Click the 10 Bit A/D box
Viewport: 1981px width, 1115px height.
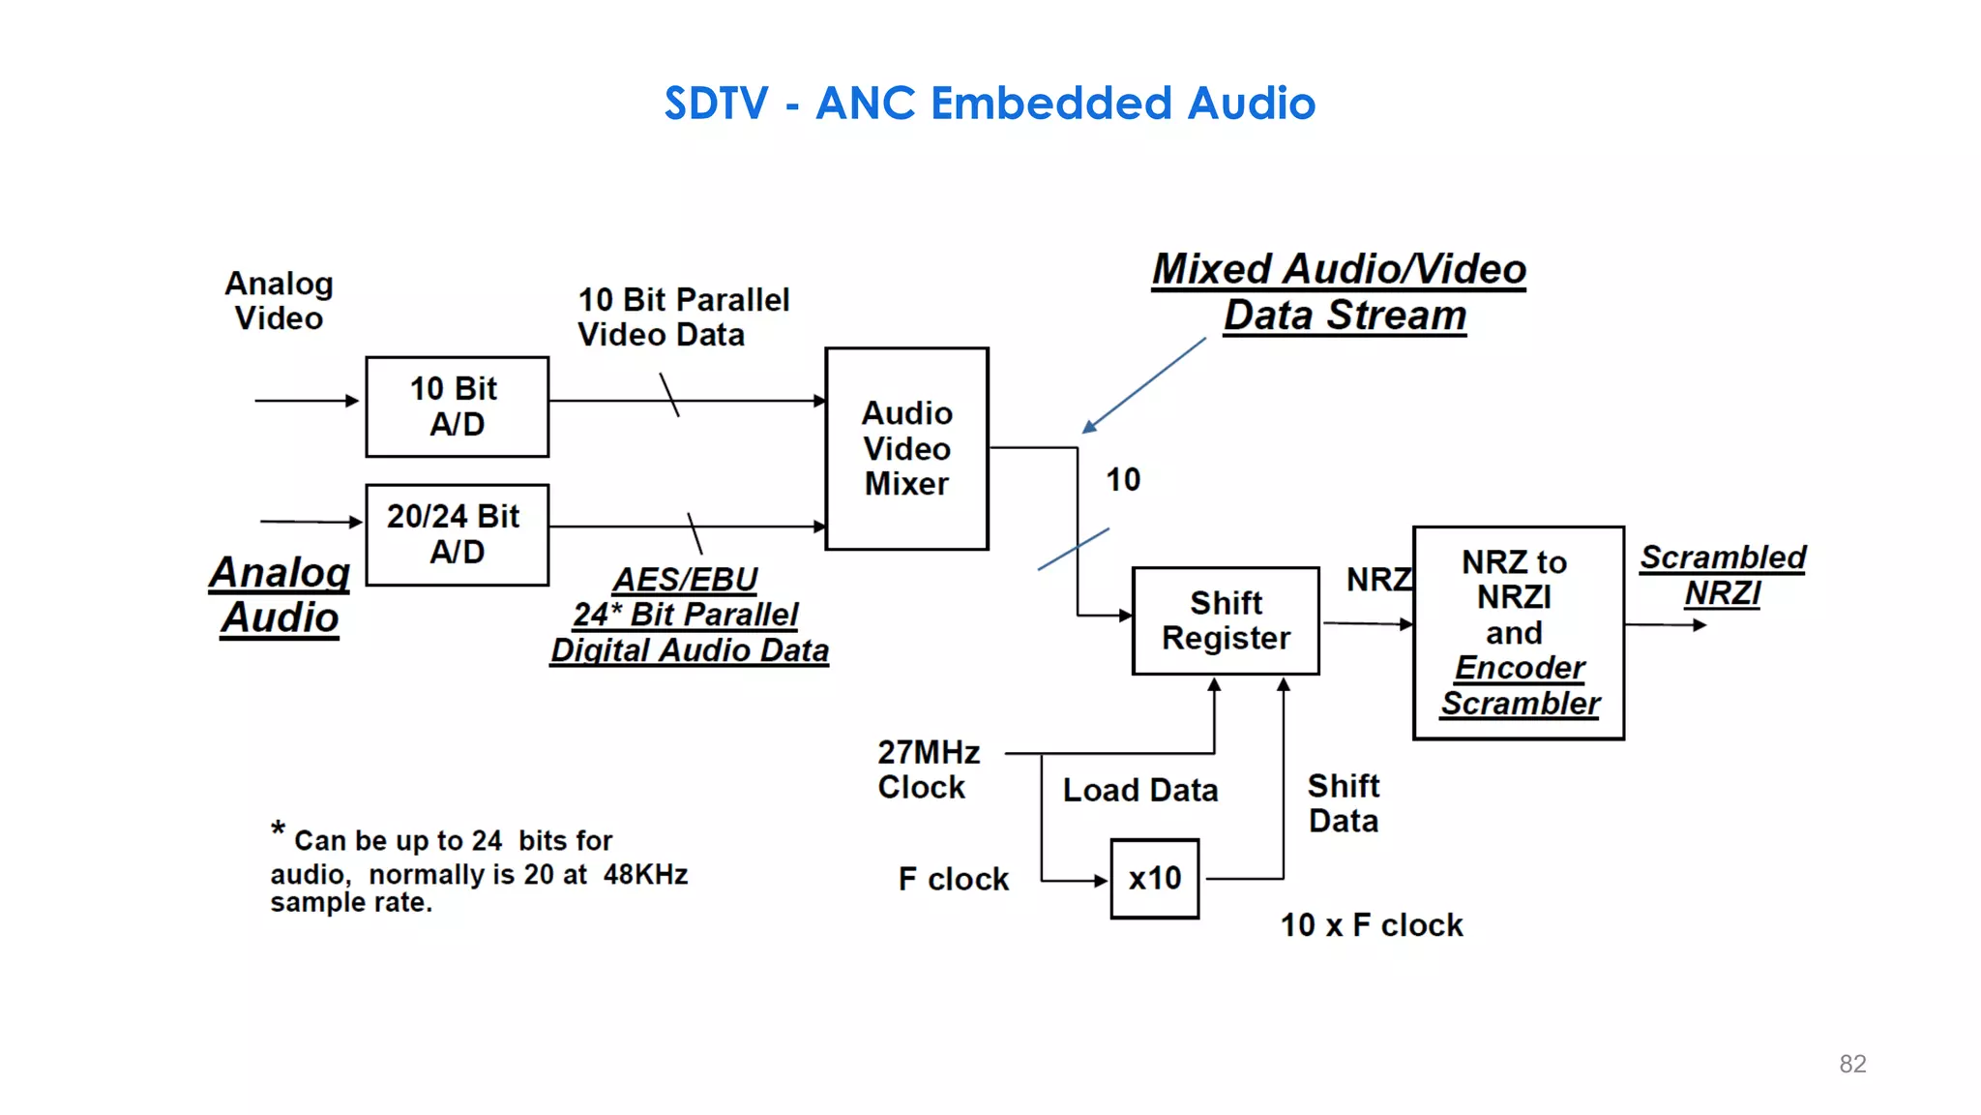(457, 407)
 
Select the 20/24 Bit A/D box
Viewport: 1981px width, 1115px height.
(457, 534)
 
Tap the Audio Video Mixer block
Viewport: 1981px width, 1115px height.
(906, 448)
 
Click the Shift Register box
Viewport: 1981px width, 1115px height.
(1226, 620)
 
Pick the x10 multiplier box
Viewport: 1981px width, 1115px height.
(1154, 878)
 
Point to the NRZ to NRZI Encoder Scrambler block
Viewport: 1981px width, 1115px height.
(1518, 632)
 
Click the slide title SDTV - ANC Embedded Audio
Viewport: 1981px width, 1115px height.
(990, 103)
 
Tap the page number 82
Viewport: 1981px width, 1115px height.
(1852, 1064)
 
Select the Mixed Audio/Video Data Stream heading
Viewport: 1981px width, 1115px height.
(1340, 291)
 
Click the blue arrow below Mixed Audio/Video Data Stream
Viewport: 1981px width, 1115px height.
(1144, 385)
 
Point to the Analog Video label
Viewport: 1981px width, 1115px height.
(279, 300)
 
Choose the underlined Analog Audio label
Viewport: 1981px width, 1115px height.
(280, 594)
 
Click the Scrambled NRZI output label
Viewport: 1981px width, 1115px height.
(1722, 575)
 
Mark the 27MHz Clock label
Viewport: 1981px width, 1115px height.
(928, 769)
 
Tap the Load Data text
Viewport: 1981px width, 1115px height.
(1139, 790)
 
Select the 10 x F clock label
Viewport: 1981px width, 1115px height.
(1371, 925)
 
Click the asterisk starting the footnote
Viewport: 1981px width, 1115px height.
(278, 829)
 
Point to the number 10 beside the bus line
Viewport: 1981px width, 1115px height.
(1123, 479)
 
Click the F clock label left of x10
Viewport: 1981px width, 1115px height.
(953, 879)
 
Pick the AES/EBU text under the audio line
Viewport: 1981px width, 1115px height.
(685, 579)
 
